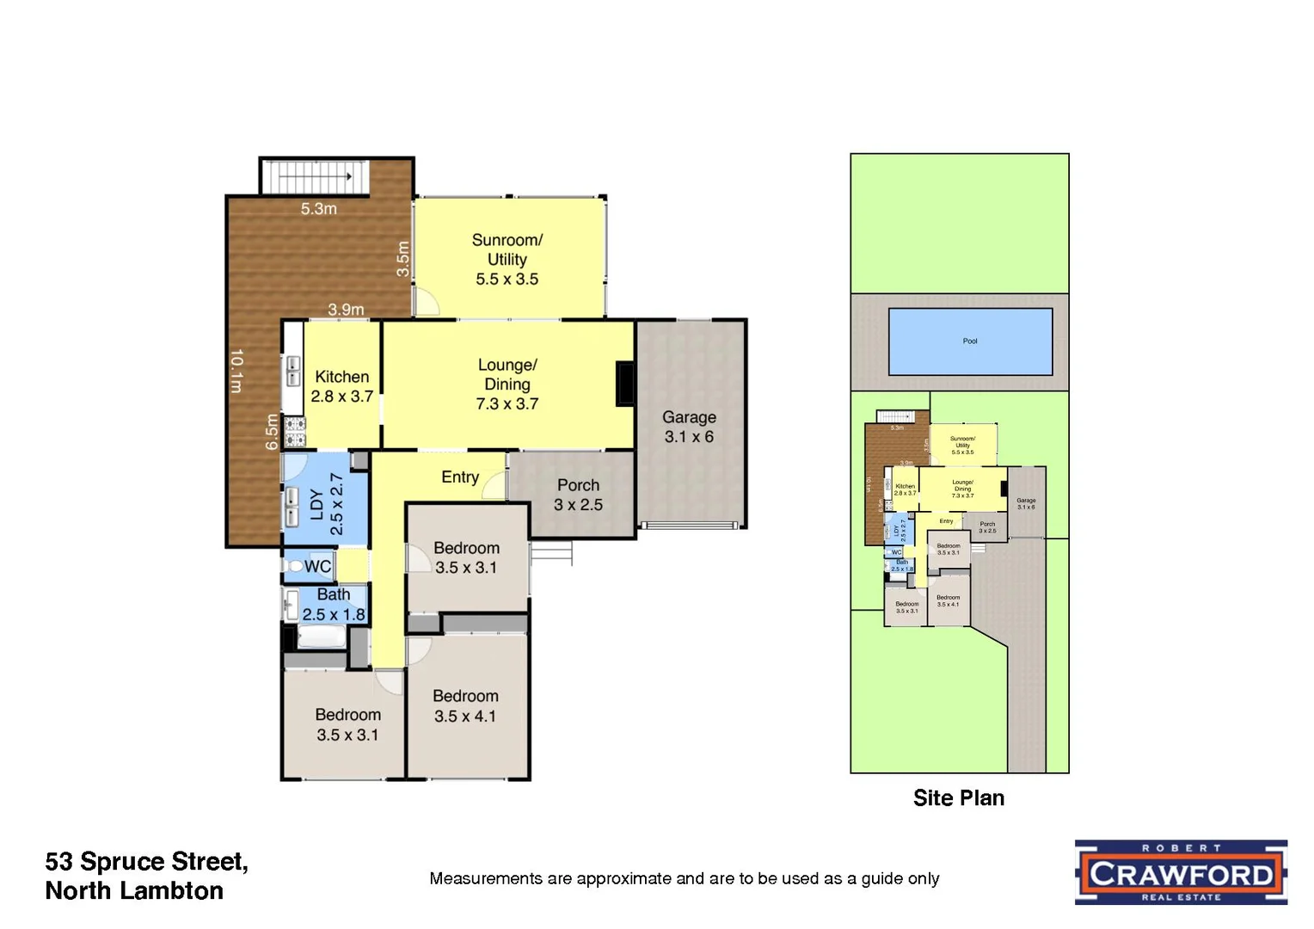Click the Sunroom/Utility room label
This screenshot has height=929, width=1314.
point(507,259)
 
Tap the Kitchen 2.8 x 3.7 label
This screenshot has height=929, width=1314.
point(341,386)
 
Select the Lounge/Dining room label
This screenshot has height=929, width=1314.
point(507,384)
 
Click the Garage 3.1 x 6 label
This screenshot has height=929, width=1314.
point(689,427)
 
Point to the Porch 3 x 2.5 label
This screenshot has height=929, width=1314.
point(578,495)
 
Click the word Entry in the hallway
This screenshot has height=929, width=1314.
point(460,477)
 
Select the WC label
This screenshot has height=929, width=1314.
point(317,566)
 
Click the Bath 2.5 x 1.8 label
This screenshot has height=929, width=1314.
point(334,604)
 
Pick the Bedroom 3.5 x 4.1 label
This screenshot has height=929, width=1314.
point(465,705)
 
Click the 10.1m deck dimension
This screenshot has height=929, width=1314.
point(236,370)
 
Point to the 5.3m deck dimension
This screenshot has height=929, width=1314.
point(318,208)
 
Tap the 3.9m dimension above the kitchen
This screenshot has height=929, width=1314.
point(346,309)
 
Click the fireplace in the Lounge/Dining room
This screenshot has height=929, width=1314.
point(625,384)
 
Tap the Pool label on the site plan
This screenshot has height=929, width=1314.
point(970,341)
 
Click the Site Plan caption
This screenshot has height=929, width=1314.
point(958,798)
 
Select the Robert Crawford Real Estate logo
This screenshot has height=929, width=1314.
point(1181,872)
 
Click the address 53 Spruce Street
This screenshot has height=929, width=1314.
point(146,862)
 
